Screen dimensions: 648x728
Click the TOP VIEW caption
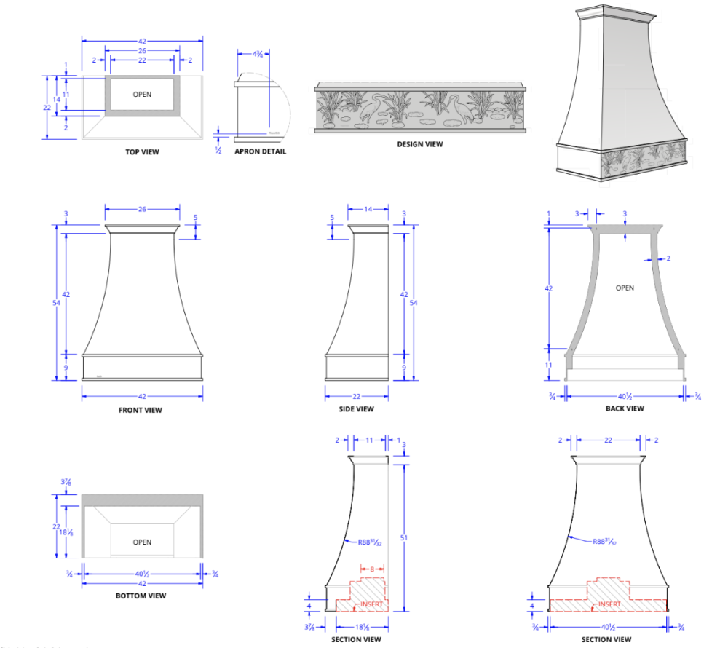tap(142, 152)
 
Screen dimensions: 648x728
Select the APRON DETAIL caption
tap(260, 151)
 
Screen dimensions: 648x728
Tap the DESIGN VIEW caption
tap(419, 144)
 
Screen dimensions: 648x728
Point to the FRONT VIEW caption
tap(141, 410)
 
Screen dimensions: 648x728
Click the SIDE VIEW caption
tap(357, 409)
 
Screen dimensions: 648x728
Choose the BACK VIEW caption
tap(625, 408)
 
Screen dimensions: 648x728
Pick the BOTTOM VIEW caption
tap(141, 596)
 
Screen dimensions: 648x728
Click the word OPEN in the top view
tap(142, 95)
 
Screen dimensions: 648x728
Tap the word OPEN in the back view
tap(625, 288)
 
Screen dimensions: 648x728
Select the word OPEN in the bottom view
tap(142, 542)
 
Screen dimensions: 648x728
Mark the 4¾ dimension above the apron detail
tap(258, 54)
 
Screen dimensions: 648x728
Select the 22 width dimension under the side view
tap(357, 396)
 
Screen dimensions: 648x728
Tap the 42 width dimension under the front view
tap(142, 396)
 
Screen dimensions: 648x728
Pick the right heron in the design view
tap(458, 109)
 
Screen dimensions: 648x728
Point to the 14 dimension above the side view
tap(367, 209)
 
